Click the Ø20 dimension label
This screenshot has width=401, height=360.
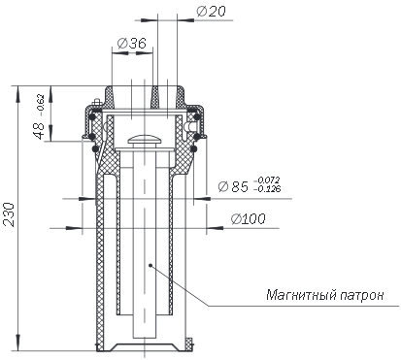211,12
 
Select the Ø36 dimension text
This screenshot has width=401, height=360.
132,43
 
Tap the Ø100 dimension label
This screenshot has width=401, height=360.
249,219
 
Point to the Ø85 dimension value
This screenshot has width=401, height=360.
233,186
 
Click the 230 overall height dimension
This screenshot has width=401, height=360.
9,214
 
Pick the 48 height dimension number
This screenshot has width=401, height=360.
40,130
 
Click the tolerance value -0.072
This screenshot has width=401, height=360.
268,180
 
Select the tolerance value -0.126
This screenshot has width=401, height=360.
268,188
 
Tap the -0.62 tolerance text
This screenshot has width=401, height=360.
40,105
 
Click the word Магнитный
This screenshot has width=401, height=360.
302,295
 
